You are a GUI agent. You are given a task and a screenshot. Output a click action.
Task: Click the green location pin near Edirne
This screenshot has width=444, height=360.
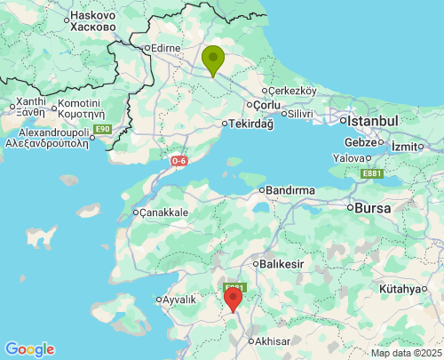pos(213,60)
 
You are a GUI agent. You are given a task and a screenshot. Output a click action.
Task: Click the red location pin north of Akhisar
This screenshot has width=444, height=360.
pos(233,299)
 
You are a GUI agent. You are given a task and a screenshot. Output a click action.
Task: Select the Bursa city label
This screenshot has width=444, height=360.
pos(372,208)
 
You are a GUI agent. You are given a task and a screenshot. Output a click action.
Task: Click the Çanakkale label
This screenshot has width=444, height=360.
pos(163,212)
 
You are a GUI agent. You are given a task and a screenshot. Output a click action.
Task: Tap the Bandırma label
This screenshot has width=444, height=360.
pos(289,190)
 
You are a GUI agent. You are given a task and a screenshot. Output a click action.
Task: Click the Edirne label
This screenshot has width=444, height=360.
pos(166,48)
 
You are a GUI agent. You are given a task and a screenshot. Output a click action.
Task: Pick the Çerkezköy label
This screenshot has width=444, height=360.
pos(293,91)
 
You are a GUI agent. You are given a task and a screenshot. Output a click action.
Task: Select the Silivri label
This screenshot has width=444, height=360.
pos(299,113)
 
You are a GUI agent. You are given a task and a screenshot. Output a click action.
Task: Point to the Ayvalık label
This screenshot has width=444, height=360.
pos(178,300)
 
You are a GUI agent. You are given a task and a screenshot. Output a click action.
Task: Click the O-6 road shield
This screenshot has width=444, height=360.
pos(179,161)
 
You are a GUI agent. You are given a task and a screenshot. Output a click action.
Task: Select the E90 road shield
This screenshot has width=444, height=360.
pos(103,130)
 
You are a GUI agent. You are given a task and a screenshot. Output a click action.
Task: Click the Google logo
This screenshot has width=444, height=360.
pos(29,349)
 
